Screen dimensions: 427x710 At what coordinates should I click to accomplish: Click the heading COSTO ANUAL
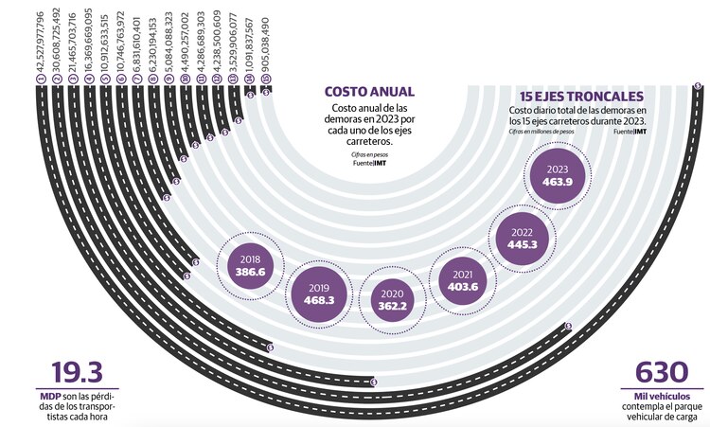369,93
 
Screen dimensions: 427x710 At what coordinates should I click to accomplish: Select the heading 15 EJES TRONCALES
582,97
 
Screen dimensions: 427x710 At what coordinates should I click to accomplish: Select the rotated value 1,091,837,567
250,47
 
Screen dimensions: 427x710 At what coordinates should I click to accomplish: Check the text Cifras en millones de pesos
546,131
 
